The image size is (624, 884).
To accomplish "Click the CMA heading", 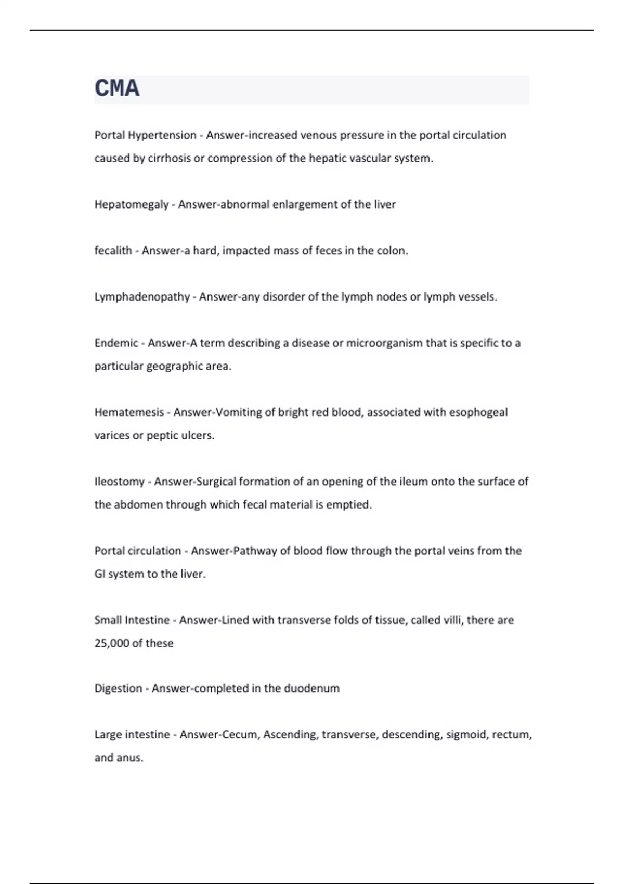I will (x=117, y=88).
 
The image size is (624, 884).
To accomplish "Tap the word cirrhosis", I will (x=169, y=158).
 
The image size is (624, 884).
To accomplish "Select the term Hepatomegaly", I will (x=132, y=204).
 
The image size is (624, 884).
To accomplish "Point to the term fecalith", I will (x=113, y=251).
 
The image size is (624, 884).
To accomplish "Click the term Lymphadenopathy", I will (x=142, y=297).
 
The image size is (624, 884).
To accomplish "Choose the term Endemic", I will (x=116, y=343).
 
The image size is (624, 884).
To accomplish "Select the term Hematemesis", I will (x=128, y=412).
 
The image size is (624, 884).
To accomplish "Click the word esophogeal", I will (x=478, y=412).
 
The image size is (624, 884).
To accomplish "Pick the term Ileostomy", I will (x=120, y=482).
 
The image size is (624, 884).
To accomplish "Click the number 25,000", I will (x=112, y=643).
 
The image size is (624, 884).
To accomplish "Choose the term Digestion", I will (x=118, y=688).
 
